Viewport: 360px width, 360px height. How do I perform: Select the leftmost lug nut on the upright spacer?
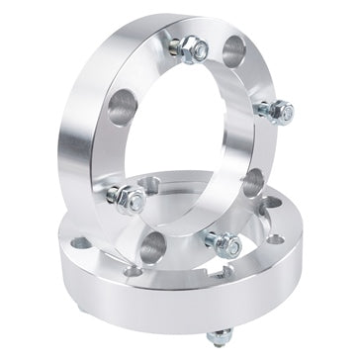[128, 198]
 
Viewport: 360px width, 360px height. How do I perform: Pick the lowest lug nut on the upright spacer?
[223, 239]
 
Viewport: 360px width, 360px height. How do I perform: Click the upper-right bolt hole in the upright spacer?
[233, 50]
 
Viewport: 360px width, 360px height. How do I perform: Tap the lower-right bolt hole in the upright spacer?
[252, 180]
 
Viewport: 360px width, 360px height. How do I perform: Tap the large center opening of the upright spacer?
[188, 138]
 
